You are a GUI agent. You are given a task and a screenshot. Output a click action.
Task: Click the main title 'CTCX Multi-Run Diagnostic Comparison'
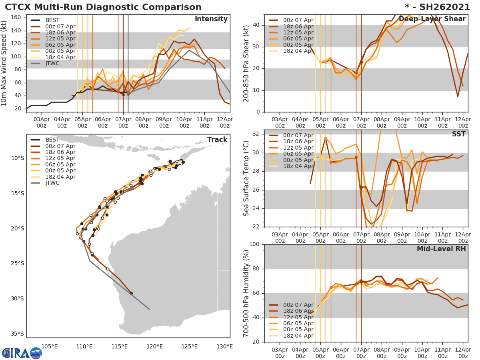tap(103, 7)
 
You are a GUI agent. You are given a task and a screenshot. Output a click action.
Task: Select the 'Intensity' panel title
tap(211, 19)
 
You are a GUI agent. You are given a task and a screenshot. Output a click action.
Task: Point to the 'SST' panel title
tap(458, 134)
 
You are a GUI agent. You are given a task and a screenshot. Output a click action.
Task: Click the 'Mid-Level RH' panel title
tap(441, 249)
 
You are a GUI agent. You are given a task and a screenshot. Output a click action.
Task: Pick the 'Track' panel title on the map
tap(217, 140)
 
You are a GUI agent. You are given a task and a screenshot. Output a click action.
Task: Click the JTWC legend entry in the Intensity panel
tap(52, 63)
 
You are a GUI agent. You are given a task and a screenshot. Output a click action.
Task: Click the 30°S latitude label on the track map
tap(18, 298)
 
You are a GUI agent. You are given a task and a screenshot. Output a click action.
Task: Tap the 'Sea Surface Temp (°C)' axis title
tap(246, 178)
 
